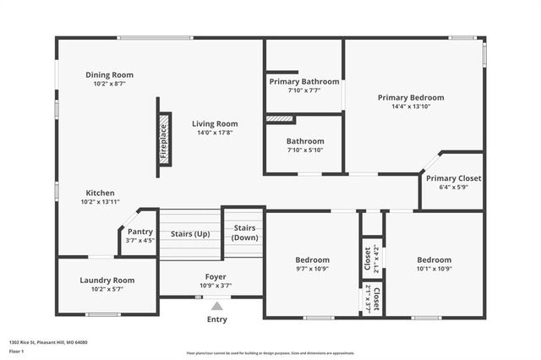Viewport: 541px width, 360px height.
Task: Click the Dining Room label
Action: click(109, 75)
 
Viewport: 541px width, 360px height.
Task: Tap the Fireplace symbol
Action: click(164, 138)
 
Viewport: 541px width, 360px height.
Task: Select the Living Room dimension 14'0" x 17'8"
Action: click(214, 133)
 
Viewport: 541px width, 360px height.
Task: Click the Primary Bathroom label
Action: click(304, 81)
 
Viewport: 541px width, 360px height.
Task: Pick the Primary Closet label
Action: click(453, 178)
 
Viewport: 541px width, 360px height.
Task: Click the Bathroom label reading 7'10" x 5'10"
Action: click(304, 141)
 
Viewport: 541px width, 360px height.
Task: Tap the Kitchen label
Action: click(100, 193)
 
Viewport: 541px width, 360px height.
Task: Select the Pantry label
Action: click(140, 232)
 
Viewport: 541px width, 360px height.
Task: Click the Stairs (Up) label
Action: click(190, 233)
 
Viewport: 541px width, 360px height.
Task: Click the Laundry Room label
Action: click(107, 280)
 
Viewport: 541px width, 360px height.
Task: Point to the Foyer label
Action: click(216, 276)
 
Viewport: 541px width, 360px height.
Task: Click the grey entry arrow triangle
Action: click(217, 307)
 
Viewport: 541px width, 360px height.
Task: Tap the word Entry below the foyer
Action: click(217, 320)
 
